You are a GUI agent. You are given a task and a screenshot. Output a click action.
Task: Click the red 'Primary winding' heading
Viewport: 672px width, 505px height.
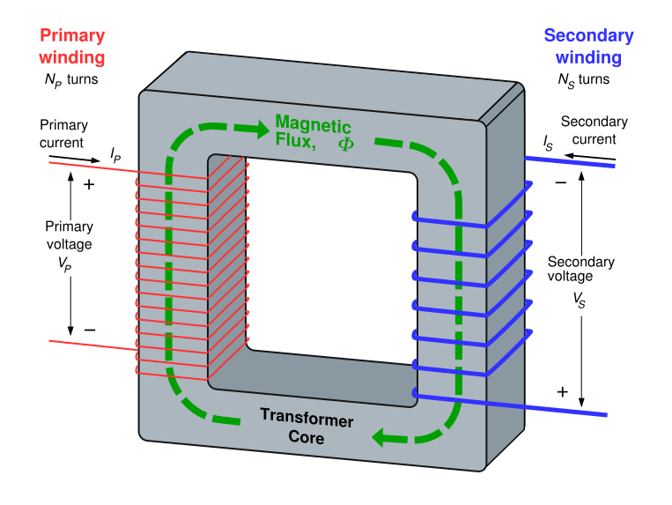pyautogui.click(x=72, y=47)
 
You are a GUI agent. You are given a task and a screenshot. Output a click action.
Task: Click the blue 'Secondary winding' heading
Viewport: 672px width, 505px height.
pyautogui.click(x=588, y=47)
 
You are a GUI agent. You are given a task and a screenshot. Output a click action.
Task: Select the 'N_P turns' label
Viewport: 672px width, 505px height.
pyautogui.click(x=72, y=79)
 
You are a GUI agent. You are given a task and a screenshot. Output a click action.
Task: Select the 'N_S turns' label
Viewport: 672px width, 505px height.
pyautogui.click(x=588, y=79)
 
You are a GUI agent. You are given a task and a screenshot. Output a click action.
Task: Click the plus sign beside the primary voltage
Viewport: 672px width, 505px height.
pyautogui.click(x=88, y=185)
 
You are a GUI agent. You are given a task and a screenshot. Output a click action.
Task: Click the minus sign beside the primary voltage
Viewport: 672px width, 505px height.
pyautogui.click(x=89, y=330)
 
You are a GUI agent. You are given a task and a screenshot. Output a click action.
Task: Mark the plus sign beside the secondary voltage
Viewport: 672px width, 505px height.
pyautogui.click(x=563, y=390)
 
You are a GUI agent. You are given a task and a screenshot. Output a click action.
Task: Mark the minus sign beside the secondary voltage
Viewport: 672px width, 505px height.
pyautogui.click(x=561, y=182)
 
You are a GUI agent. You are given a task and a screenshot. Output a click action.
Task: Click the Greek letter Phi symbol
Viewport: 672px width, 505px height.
pyautogui.click(x=345, y=142)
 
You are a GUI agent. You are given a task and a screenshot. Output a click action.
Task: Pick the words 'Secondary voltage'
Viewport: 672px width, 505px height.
pyautogui.click(x=580, y=269)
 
